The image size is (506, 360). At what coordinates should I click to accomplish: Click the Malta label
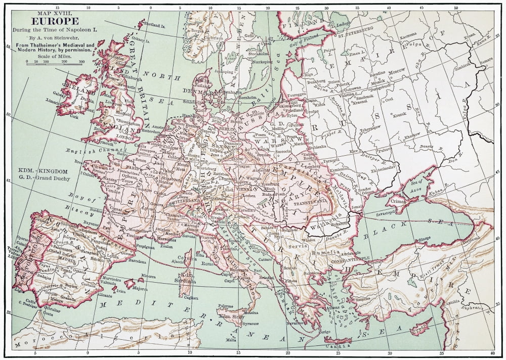(231, 339)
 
